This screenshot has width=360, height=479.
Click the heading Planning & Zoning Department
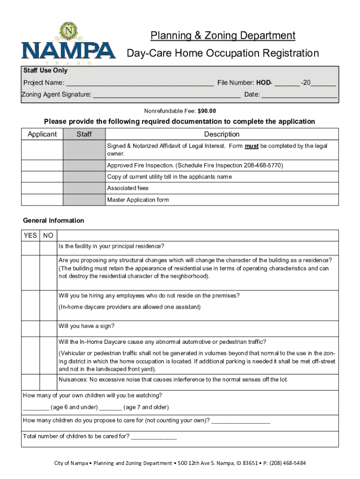[223, 36]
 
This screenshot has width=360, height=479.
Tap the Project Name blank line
[139, 84]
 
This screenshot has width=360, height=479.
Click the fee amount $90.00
[207, 111]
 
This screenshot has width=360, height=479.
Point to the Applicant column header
[42, 134]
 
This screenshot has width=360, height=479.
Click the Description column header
[222, 134]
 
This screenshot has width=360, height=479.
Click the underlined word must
[252, 146]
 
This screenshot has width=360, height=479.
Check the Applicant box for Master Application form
[42, 200]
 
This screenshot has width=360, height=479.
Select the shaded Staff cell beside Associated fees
[84, 188]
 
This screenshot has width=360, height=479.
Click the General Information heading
[54, 220]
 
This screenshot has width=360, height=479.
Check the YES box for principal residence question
[30, 248]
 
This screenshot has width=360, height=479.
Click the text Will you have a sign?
[86, 326]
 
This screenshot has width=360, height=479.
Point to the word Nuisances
[72, 379]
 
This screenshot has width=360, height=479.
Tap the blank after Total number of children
[154, 438]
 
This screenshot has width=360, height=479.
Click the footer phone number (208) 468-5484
[287, 463]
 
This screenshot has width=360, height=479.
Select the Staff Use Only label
[45, 71]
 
